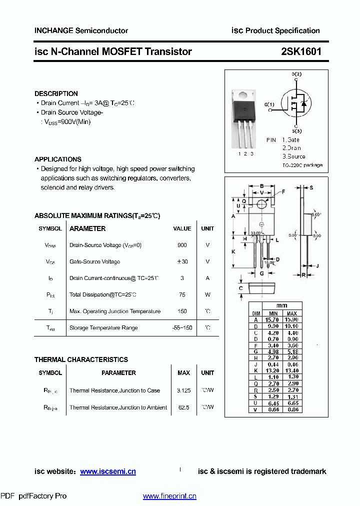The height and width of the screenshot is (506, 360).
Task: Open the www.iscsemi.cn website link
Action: pyautogui.click(x=108, y=471)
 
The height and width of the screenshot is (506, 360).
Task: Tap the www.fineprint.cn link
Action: pyautogui.click(x=169, y=496)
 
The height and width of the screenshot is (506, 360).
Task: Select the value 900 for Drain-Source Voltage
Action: pyautogui.click(x=182, y=245)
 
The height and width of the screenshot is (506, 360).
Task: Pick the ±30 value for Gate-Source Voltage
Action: pyautogui.click(x=182, y=262)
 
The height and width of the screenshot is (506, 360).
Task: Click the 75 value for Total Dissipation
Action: pyautogui.click(x=182, y=295)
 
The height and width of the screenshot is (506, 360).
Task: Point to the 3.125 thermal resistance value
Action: pyautogui.click(x=183, y=390)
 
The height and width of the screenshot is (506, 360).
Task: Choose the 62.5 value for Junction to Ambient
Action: pyautogui.click(x=183, y=407)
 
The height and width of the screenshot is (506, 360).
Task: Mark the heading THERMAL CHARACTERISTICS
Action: pyautogui.click(x=81, y=359)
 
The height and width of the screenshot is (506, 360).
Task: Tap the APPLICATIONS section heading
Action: pyautogui.click(x=58, y=159)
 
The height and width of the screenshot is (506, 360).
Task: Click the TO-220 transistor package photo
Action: pyautogui.click(x=244, y=114)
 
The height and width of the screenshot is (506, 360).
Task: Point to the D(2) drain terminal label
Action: pyautogui.click(x=296, y=74)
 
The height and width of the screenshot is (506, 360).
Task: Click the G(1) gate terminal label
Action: pyautogui.click(x=269, y=104)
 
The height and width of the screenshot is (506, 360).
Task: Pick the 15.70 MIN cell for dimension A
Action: pyautogui.click(x=272, y=319)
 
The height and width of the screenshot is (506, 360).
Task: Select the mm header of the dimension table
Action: pyautogui.click(x=281, y=305)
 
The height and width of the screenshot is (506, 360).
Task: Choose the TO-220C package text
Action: pyautogui.click(x=302, y=165)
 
